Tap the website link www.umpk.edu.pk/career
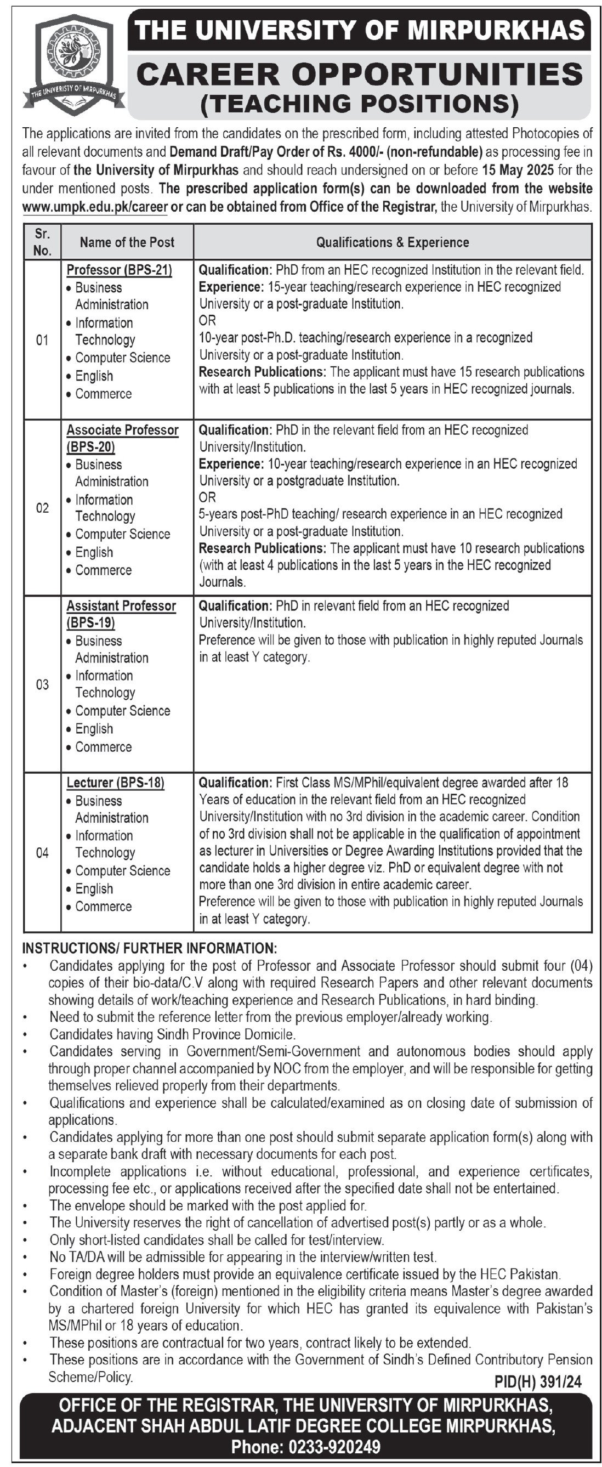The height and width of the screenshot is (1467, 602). tap(94, 207)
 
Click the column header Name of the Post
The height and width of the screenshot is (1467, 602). tap(127, 242)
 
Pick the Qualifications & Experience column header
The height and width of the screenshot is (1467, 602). tap(393, 242)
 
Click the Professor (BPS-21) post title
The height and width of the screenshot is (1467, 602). tap(119, 270)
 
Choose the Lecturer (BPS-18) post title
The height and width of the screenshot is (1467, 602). tap(115, 783)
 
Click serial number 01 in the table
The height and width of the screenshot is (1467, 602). tap(42, 341)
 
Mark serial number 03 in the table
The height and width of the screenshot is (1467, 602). tap(42, 684)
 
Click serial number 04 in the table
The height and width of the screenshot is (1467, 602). tap(42, 853)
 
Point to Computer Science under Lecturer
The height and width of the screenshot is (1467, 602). tap(122, 871)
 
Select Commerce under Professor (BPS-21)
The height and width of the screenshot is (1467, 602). tap(103, 394)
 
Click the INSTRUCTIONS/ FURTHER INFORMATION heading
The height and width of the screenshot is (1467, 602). tap(149, 948)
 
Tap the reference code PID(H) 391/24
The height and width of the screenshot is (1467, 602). tap(538, 1382)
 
